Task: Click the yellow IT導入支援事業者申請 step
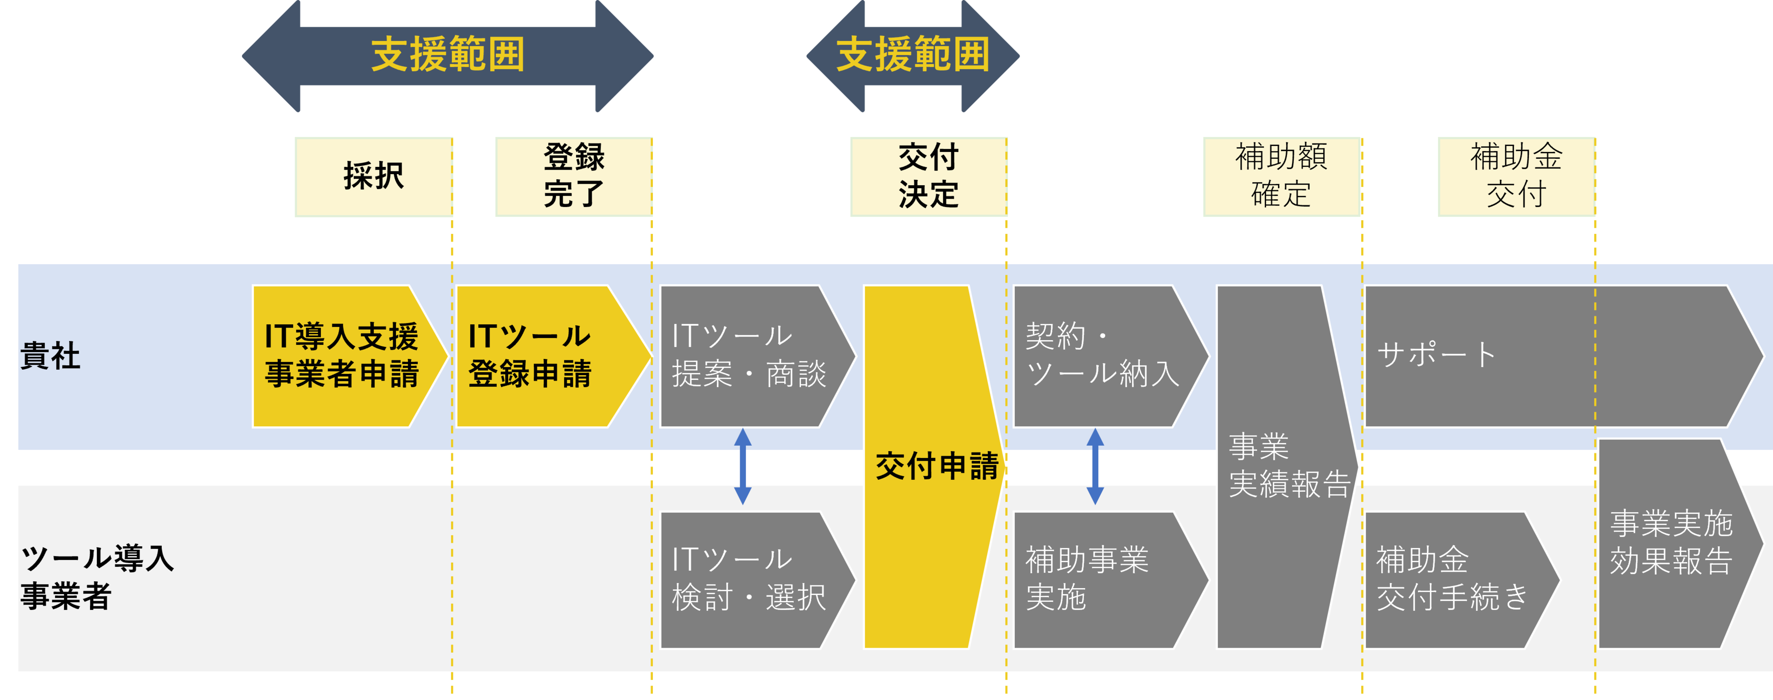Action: [342, 356]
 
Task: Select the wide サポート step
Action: [1548, 356]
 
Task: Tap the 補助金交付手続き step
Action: [1452, 579]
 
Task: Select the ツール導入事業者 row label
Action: [96, 577]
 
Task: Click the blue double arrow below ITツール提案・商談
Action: [743, 466]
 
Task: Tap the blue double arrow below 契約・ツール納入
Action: [1095, 466]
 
